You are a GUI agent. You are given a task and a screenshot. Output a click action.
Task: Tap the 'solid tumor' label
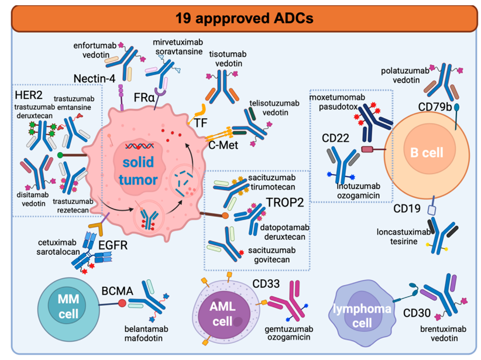(137, 162)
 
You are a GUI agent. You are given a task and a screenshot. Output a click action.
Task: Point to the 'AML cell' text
(222, 313)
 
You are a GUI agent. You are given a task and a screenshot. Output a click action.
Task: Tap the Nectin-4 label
(94, 78)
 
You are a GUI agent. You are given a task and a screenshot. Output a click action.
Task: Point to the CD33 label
(267, 284)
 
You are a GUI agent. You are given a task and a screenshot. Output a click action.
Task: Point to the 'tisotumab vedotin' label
(225, 58)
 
